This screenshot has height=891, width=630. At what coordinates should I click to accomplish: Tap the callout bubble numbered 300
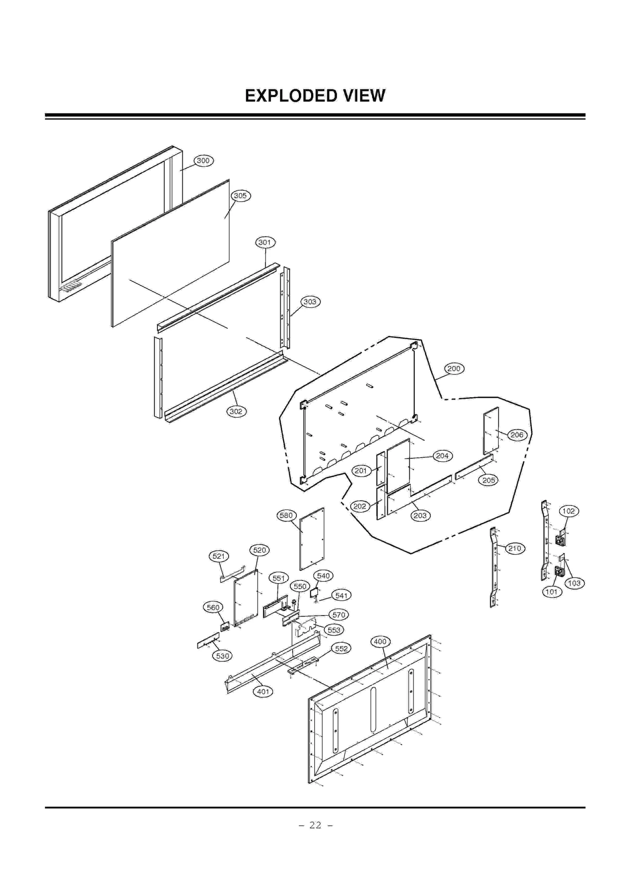coord(203,161)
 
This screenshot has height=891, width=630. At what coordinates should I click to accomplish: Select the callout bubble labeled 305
coord(240,196)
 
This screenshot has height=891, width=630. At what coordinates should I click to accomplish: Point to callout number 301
coord(265,242)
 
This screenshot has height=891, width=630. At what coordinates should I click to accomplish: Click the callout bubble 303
coord(310,302)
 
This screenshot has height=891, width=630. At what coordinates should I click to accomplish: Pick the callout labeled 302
coord(236,412)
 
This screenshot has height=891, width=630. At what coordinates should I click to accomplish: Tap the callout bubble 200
coord(454,369)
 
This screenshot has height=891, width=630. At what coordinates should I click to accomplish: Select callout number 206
coord(517,435)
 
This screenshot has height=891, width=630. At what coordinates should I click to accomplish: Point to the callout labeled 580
coord(286,516)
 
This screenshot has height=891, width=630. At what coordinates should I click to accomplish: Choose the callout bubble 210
coord(515,549)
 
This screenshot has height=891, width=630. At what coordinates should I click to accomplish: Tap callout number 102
coord(568,511)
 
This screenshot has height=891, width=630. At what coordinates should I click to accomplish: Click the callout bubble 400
coord(380,642)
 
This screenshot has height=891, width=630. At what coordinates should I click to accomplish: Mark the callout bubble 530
coord(222,656)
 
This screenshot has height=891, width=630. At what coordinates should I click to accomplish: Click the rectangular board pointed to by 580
coord(312,539)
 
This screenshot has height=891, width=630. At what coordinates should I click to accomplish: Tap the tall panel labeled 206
coord(491,431)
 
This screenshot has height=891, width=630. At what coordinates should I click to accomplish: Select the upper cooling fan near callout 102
coord(560,540)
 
